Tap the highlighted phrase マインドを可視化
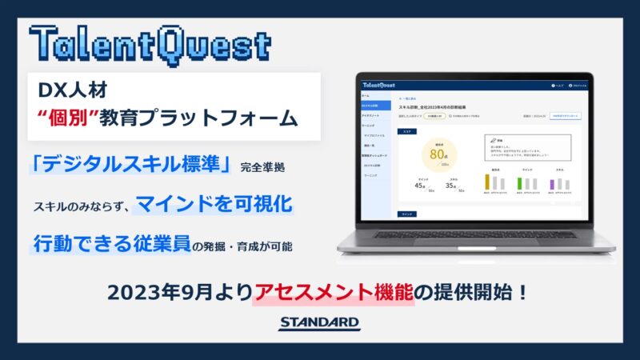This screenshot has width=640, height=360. point(214,205)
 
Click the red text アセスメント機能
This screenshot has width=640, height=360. point(334,292)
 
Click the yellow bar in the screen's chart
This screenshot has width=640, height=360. point(487,182)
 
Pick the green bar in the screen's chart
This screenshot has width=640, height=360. point(521,183)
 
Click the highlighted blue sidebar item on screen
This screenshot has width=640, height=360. point(375,105)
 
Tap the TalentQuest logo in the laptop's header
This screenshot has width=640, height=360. point(378,85)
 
